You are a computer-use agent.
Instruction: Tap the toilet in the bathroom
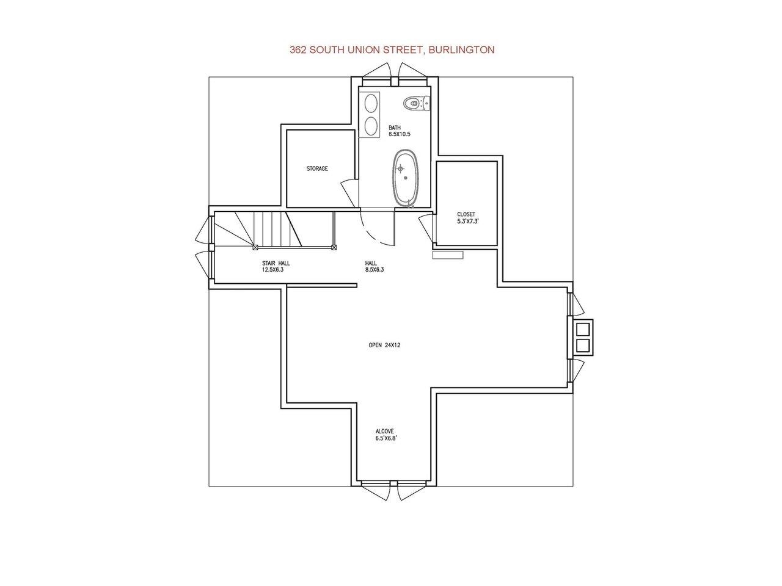(417, 103)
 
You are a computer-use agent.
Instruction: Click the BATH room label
(395, 128)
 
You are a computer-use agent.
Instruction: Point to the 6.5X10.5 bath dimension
(400, 134)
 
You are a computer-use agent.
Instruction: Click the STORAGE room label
(316, 168)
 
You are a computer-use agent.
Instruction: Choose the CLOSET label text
(466, 214)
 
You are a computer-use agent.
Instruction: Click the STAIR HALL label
(276, 263)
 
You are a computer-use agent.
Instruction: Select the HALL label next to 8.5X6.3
(371, 263)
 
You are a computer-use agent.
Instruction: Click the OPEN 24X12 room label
(384, 345)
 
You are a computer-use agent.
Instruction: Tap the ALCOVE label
(384, 431)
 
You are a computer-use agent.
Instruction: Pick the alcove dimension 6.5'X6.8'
(386, 438)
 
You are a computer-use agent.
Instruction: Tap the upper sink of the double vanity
(371, 102)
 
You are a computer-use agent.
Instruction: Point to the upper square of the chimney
(583, 329)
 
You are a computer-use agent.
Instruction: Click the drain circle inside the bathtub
(406, 178)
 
